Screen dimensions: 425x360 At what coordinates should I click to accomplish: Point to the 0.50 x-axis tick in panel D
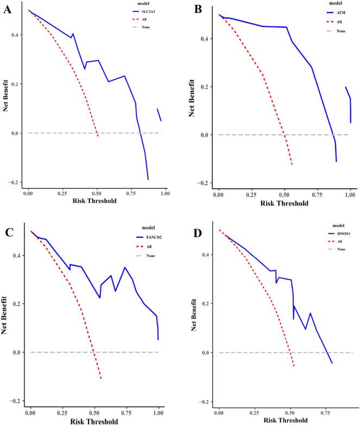(x=289, y=414)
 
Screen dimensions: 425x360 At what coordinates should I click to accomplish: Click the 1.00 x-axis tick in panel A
(x=164, y=193)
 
